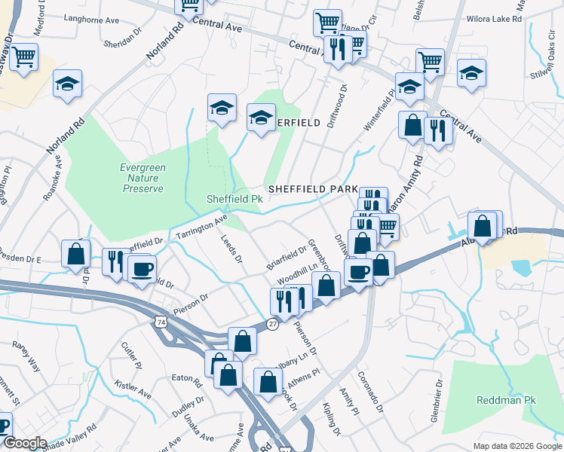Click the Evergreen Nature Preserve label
[142, 178]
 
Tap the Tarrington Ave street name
[201, 228]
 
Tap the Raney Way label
[26, 354]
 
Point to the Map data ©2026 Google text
[517, 446]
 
